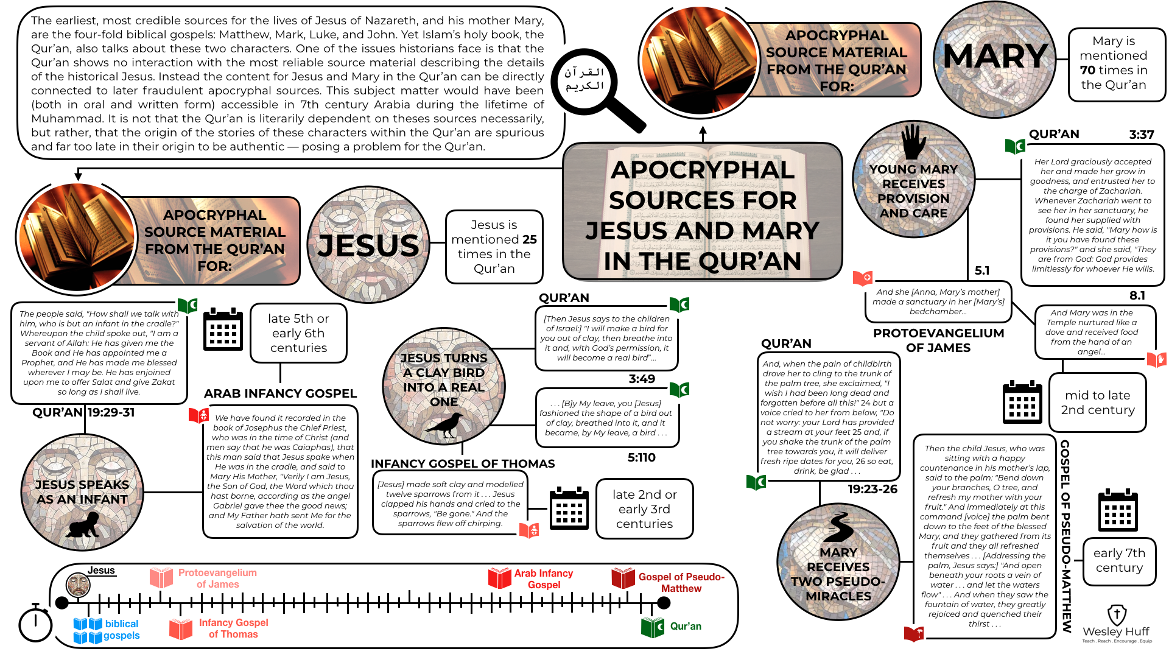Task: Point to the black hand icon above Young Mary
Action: [913, 141]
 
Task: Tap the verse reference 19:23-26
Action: [872, 489]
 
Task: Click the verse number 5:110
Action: [641, 457]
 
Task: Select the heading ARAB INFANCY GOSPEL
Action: [280, 393]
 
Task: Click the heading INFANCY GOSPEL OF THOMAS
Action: [463, 463]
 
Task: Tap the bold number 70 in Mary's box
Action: [1087, 70]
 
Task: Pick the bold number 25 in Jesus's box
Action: [530, 239]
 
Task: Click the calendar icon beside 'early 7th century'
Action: [1118, 510]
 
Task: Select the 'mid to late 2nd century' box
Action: [1097, 403]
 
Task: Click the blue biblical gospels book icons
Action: [88, 630]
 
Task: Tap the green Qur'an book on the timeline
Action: [652, 627]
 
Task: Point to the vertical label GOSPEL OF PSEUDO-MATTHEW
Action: [1065, 536]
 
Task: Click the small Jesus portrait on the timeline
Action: [78, 585]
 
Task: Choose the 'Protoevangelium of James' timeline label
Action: [217, 578]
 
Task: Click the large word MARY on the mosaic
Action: [995, 57]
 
